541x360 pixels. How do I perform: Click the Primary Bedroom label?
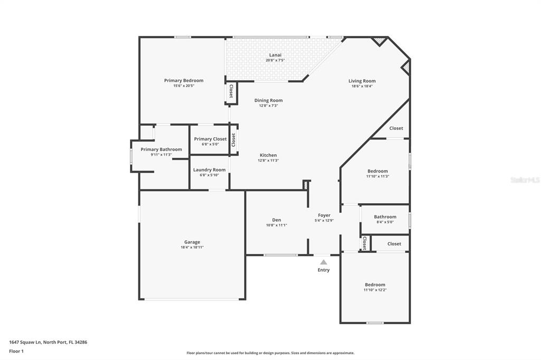pos(183,81)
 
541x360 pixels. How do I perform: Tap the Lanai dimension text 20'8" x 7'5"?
pos(275,60)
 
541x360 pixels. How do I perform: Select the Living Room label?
pos(362,81)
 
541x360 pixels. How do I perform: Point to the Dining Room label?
pos(268,100)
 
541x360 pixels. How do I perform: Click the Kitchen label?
pos(268,155)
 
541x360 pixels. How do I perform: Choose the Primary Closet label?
pos(210,139)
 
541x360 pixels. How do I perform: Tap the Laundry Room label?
pos(209,170)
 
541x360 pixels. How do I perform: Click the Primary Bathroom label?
pos(161,149)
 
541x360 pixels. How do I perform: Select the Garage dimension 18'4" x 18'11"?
pos(192,247)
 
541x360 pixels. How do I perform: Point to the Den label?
pos(276,220)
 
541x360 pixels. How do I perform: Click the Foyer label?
pos(324,215)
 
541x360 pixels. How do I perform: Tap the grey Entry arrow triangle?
pos(323,262)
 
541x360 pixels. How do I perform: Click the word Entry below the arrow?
pos(323,270)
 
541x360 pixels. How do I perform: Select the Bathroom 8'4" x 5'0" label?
pos(385,217)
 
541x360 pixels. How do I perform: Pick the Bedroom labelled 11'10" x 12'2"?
pos(375,285)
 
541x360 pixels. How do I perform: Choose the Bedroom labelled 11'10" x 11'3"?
pos(377,171)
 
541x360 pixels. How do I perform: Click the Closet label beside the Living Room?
pos(396,128)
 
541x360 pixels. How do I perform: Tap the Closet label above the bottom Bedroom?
pos(394,244)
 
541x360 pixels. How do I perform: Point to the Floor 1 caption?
pos(16,351)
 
